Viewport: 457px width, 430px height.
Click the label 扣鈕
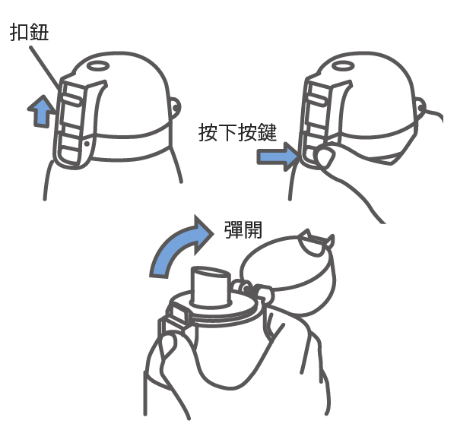[x=29, y=31]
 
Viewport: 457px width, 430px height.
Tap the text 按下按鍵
[x=237, y=132]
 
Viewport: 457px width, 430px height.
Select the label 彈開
[x=243, y=229]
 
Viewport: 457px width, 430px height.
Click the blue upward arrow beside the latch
[x=41, y=112]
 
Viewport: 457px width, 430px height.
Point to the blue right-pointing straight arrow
[x=278, y=157]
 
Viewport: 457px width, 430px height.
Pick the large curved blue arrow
[x=179, y=248]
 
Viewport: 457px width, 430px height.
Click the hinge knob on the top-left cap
[x=176, y=108]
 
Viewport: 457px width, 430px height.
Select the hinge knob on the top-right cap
[x=421, y=108]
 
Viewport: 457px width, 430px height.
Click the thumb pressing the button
[x=324, y=157]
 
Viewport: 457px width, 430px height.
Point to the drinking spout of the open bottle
[x=211, y=286]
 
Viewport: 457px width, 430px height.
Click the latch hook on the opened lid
[x=316, y=242]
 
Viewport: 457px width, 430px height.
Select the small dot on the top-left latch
[x=87, y=144]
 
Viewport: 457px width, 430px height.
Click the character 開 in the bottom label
[x=253, y=229]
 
